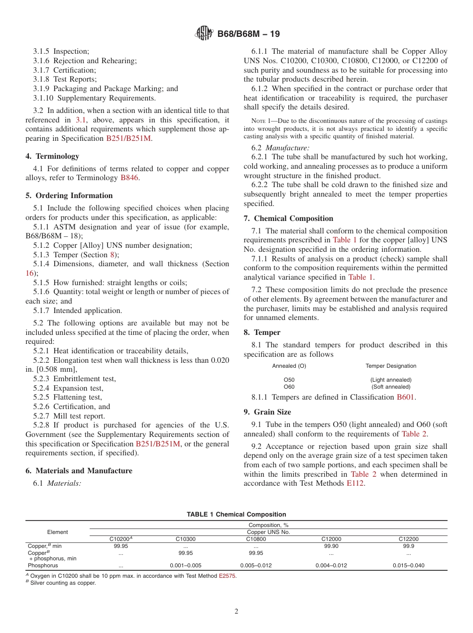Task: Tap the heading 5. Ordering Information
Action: [69, 196]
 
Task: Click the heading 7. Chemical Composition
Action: [288, 218]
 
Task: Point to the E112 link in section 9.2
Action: [355, 484]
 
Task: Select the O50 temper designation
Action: [289, 380]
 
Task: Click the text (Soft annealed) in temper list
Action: [391, 387]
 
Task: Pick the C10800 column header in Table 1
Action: [255, 539]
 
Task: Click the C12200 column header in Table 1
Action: [408, 539]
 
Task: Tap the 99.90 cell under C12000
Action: [331, 546]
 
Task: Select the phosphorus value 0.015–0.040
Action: [408, 566]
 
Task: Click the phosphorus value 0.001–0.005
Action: [185, 566]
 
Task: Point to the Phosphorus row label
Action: [43, 566]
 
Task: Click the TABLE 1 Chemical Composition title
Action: [236, 515]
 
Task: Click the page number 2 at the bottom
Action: [236, 612]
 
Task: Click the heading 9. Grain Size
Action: [267, 412]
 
